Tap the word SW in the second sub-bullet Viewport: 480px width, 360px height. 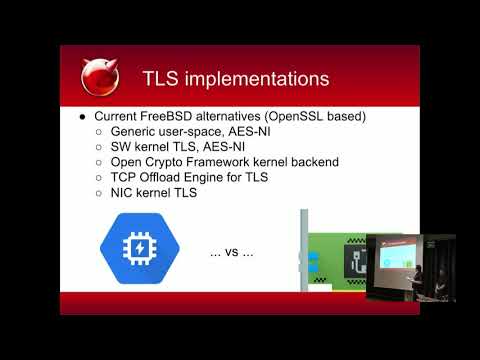pos(123,147)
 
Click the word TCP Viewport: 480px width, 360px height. pos(127,177)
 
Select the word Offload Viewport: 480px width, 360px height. pos(168,177)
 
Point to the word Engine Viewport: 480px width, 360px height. pos(220,177)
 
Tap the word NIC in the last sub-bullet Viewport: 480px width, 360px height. pos(126,192)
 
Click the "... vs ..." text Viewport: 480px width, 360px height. pos(231,253)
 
